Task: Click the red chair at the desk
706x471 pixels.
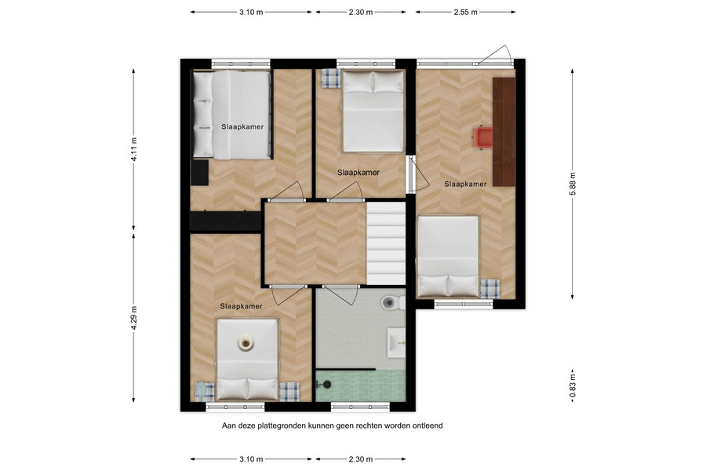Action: click(482, 137)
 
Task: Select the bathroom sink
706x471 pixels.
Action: click(397, 343)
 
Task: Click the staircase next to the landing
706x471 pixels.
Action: click(386, 243)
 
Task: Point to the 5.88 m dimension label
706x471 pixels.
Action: click(573, 184)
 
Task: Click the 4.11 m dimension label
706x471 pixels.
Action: click(133, 148)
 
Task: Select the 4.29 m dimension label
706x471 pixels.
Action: click(133, 317)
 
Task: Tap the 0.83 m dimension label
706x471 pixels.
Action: click(573, 385)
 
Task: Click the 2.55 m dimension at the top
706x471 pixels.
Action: click(465, 13)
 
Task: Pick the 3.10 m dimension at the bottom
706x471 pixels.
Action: click(251, 459)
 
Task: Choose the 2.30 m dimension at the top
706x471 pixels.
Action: click(361, 13)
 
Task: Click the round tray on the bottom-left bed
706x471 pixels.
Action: click(246, 343)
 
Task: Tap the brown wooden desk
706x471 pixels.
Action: click(504, 132)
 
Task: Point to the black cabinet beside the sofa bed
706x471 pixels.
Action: click(199, 172)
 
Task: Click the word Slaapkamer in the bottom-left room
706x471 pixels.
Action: click(242, 306)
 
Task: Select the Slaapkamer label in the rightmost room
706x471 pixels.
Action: click(465, 184)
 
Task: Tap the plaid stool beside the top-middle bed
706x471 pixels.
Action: click(331, 78)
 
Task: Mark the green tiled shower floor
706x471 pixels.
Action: click(361, 385)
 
